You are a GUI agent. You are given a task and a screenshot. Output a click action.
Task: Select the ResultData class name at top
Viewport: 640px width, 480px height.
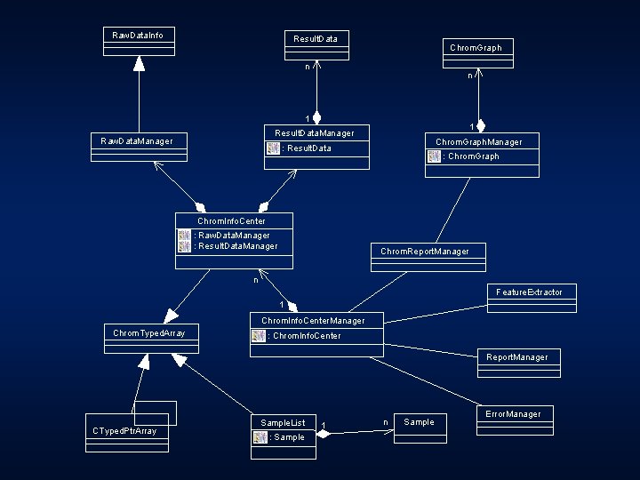(x=316, y=39)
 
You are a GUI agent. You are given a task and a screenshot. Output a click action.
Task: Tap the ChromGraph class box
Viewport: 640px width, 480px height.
(x=476, y=48)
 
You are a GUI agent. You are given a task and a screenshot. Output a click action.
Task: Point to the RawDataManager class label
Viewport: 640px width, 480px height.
(x=137, y=140)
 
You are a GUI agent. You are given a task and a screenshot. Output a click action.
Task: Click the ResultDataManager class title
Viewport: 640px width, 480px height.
(x=314, y=133)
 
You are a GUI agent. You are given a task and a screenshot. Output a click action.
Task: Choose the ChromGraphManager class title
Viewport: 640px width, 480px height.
(x=478, y=142)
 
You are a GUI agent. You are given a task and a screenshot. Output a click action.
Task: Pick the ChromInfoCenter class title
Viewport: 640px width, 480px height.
(x=231, y=220)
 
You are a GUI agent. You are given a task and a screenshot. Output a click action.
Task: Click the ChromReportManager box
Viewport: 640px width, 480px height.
(x=425, y=252)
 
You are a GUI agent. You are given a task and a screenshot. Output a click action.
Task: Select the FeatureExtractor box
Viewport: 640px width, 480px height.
(x=529, y=292)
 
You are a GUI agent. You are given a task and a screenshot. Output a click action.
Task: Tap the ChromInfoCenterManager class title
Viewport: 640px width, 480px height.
(x=312, y=320)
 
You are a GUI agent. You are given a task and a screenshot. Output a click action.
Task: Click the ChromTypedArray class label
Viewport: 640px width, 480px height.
(x=149, y=333)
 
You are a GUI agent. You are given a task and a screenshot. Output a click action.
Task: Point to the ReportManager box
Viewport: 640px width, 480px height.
(x=517, y=357)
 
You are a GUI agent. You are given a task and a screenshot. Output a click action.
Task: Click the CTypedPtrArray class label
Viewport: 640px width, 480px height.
(x=124, y=431)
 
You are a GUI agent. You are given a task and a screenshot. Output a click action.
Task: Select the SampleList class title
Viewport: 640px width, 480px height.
(x=284, y=422)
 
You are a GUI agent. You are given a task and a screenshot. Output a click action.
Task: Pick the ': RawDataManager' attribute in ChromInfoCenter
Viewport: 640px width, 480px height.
(x=232, y=236)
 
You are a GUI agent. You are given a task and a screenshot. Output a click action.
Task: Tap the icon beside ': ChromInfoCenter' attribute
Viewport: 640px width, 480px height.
(x=259, y=336)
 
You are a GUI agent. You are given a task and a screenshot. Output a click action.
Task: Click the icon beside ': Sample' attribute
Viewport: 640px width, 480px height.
(x=260, y=437)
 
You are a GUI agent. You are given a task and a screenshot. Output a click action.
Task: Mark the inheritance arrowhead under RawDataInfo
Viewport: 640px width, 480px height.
(x=139, y=63)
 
